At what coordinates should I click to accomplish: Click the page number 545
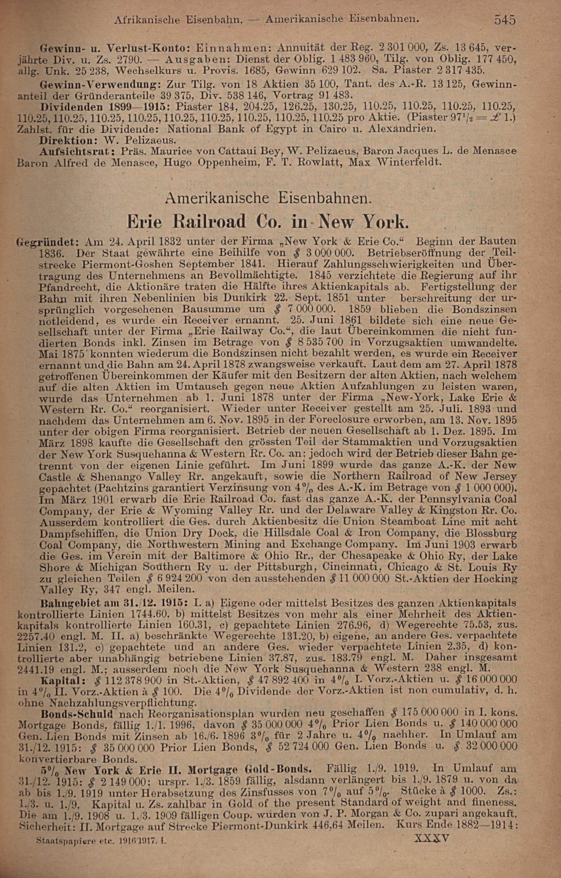[505, 19]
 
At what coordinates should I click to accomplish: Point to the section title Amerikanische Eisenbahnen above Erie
[268, 198]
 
